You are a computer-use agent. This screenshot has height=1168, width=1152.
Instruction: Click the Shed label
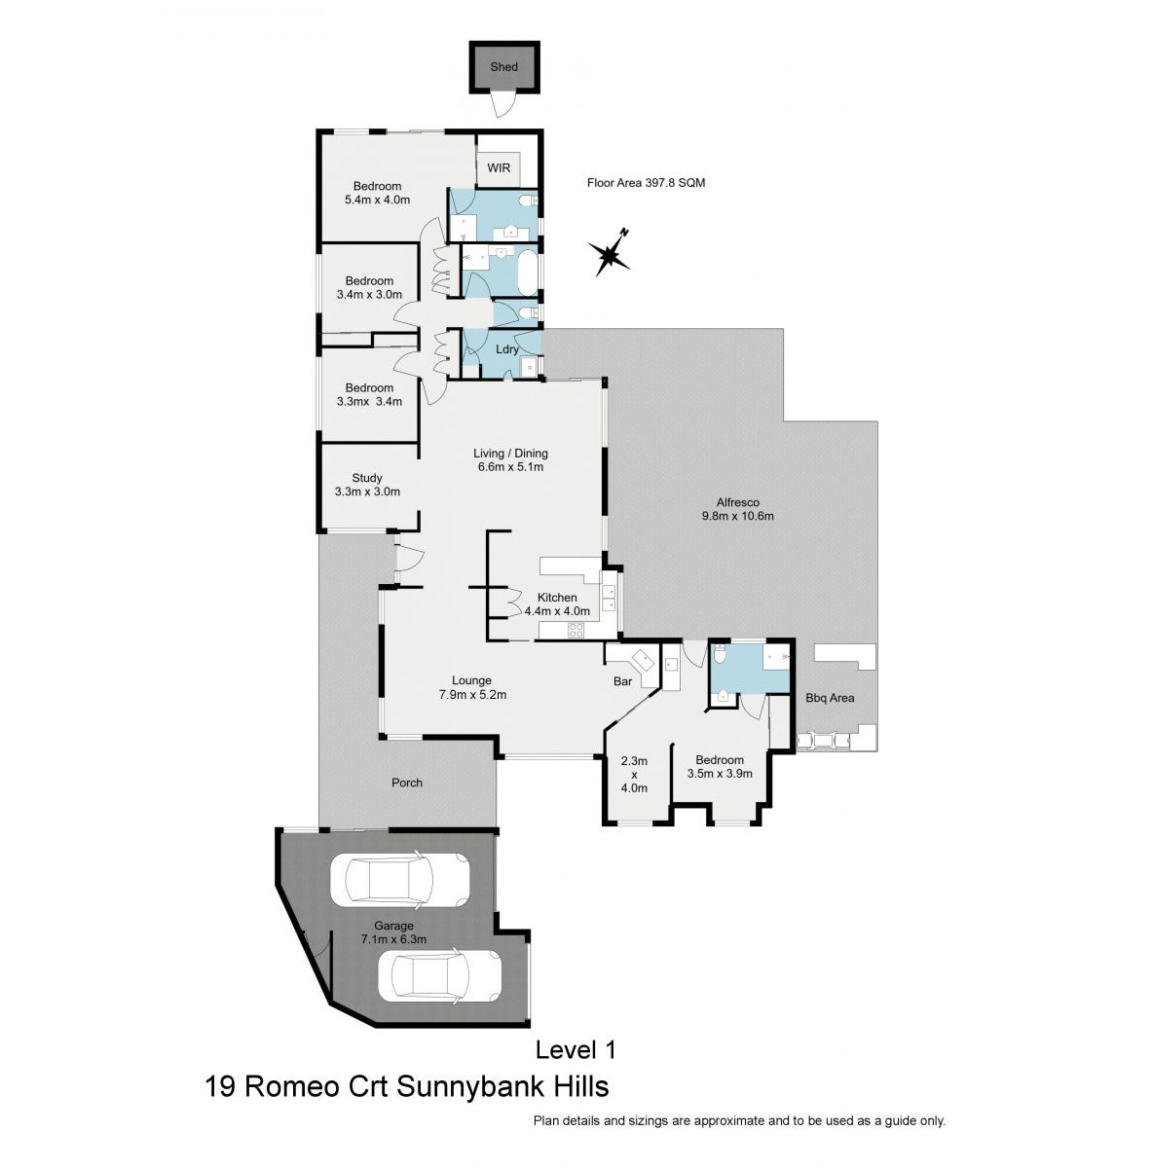tap(503, 67)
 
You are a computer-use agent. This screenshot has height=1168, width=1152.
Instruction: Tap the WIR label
tap(499, 167)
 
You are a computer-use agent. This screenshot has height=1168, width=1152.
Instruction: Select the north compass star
tap(609, 253)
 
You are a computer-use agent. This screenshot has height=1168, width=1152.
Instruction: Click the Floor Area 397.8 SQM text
tap(646, 182)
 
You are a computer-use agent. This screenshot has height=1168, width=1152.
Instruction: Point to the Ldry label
tap(507, 349)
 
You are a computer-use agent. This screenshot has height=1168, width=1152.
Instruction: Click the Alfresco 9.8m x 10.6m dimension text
tap(738, 517)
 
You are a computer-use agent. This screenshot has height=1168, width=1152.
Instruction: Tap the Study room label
tap(367, 478)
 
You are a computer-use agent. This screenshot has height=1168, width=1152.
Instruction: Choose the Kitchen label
tap(557, 598)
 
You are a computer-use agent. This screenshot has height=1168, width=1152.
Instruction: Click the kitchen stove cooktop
tap(576, 631)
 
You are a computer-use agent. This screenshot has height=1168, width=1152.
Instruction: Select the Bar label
tap(622, 681)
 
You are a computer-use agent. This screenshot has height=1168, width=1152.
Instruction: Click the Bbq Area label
tap(830, 698)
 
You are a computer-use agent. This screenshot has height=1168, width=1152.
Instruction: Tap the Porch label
tap(406, 783)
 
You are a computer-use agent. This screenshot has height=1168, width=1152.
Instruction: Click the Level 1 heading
tap(576, 1050)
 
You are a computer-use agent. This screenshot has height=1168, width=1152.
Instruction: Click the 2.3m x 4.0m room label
tap(634, 775)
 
